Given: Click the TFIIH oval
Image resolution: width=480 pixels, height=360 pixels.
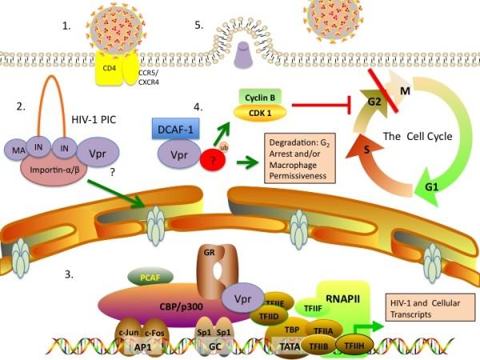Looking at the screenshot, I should click(x=354, y=345).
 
